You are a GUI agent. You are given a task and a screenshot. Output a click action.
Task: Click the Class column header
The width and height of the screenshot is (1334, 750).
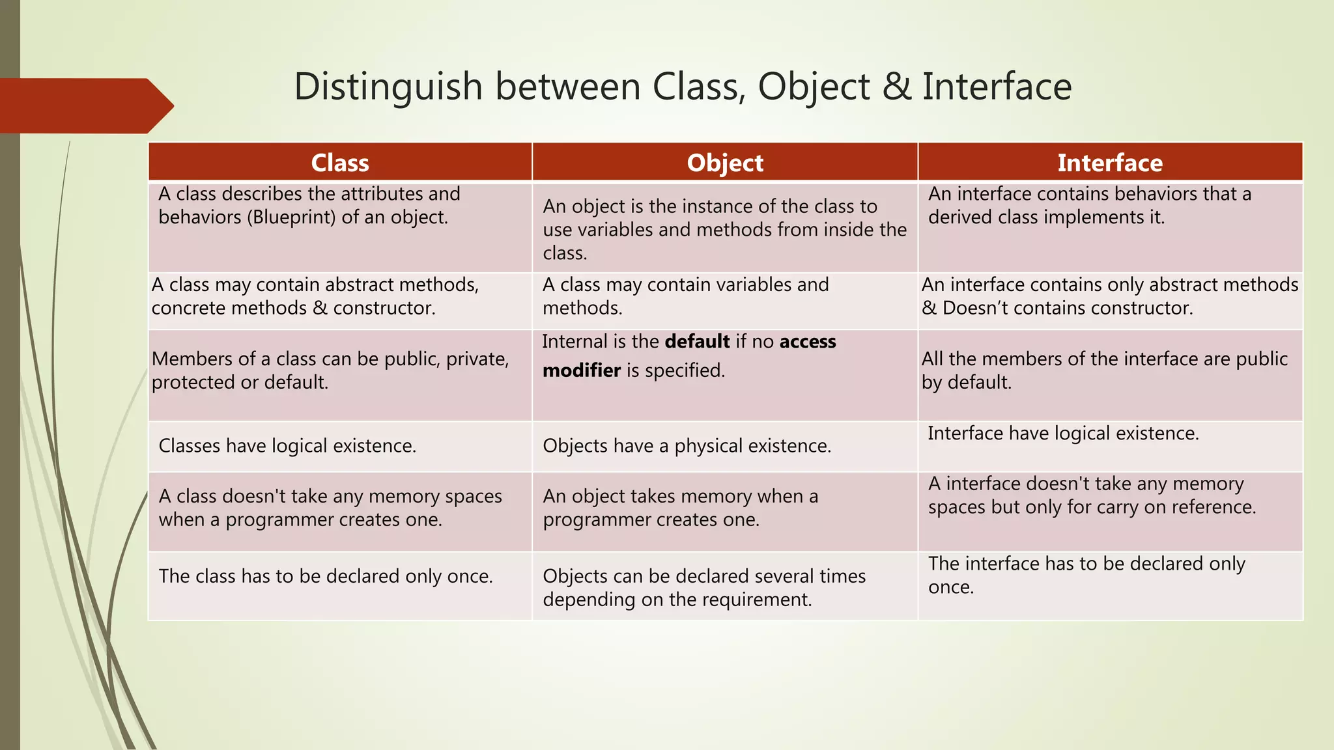point(340,163)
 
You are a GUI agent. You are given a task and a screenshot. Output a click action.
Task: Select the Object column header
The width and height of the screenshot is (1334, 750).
point(725,163)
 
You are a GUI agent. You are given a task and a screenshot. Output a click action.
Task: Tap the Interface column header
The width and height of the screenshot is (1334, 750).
point(1110,163)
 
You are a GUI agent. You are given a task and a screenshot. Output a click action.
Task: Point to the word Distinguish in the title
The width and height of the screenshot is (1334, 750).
point(388,87)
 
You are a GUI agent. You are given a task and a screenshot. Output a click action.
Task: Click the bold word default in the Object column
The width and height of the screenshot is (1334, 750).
point(697,342)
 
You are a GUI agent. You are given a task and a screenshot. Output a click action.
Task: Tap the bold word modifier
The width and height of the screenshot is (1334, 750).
point(582,370)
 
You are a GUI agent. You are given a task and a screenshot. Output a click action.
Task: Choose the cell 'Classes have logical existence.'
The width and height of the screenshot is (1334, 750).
point(287,446)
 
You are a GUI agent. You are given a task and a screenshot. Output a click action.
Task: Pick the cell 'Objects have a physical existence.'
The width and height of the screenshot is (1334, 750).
point(687,446)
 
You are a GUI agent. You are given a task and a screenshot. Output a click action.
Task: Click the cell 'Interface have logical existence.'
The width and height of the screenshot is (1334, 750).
point(1063,434)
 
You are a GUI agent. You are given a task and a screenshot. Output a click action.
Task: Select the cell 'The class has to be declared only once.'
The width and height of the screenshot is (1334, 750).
point(326,576)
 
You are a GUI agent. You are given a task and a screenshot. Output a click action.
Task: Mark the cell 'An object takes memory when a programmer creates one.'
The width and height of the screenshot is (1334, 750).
point(680,508)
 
